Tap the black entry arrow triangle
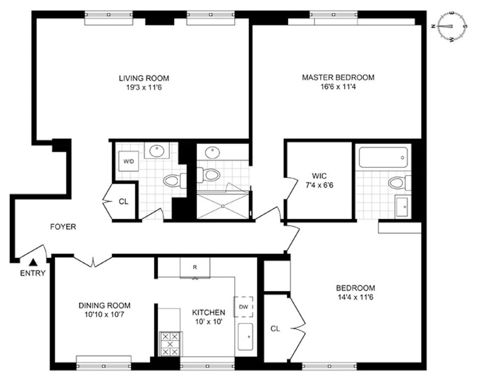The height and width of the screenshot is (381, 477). (x=34, y=262)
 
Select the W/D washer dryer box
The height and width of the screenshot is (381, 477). (x=128, y=161)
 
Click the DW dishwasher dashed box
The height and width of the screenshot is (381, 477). (x=243, y=307)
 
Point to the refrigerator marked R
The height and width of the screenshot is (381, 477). (x=195, y=268)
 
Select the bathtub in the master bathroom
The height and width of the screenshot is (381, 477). (x=383, y=157)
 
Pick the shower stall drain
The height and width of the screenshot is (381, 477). (x=223, y=206)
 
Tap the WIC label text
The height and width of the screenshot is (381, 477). (x=319, y=175)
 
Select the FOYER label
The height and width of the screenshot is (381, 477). (x=63, y=227)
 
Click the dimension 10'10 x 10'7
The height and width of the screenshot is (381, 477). (x=104, y=315)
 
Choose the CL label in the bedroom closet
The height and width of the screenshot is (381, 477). (x=275, y=329)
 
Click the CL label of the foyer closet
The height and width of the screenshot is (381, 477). (x=124, y=202)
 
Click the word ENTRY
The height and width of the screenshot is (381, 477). (x=33, y=273)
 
